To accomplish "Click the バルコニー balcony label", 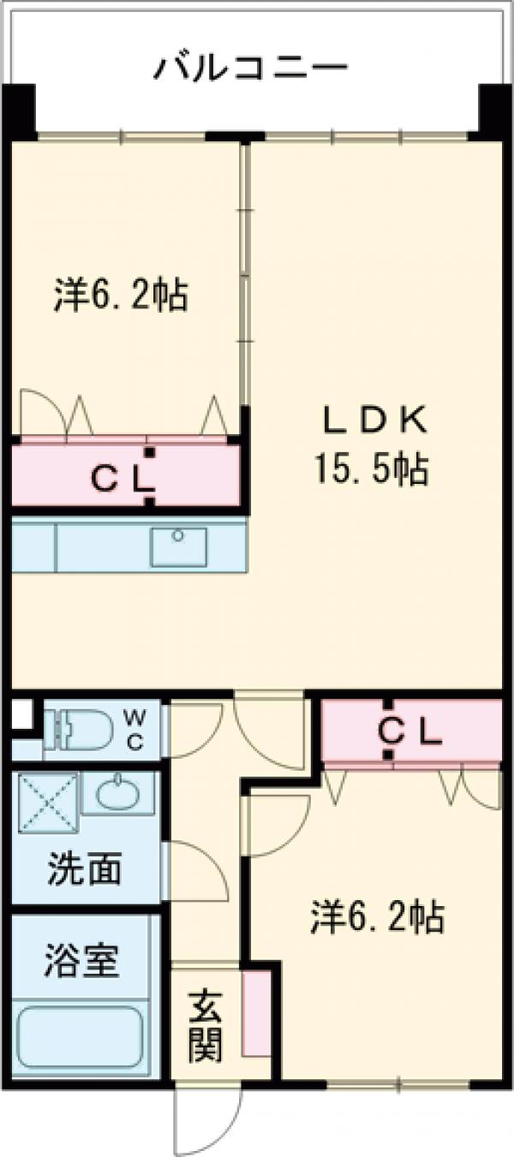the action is (250, 69).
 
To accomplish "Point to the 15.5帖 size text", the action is (372, 468).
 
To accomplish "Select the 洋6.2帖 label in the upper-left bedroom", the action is (121, 295).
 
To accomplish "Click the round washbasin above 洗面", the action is (117, 792).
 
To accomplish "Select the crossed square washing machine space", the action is (48, 802).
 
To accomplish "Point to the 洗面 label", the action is (85, 868).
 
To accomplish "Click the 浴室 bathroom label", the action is (81, 961).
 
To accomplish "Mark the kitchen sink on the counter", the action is (178, 546).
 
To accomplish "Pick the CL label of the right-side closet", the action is (409, 731).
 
